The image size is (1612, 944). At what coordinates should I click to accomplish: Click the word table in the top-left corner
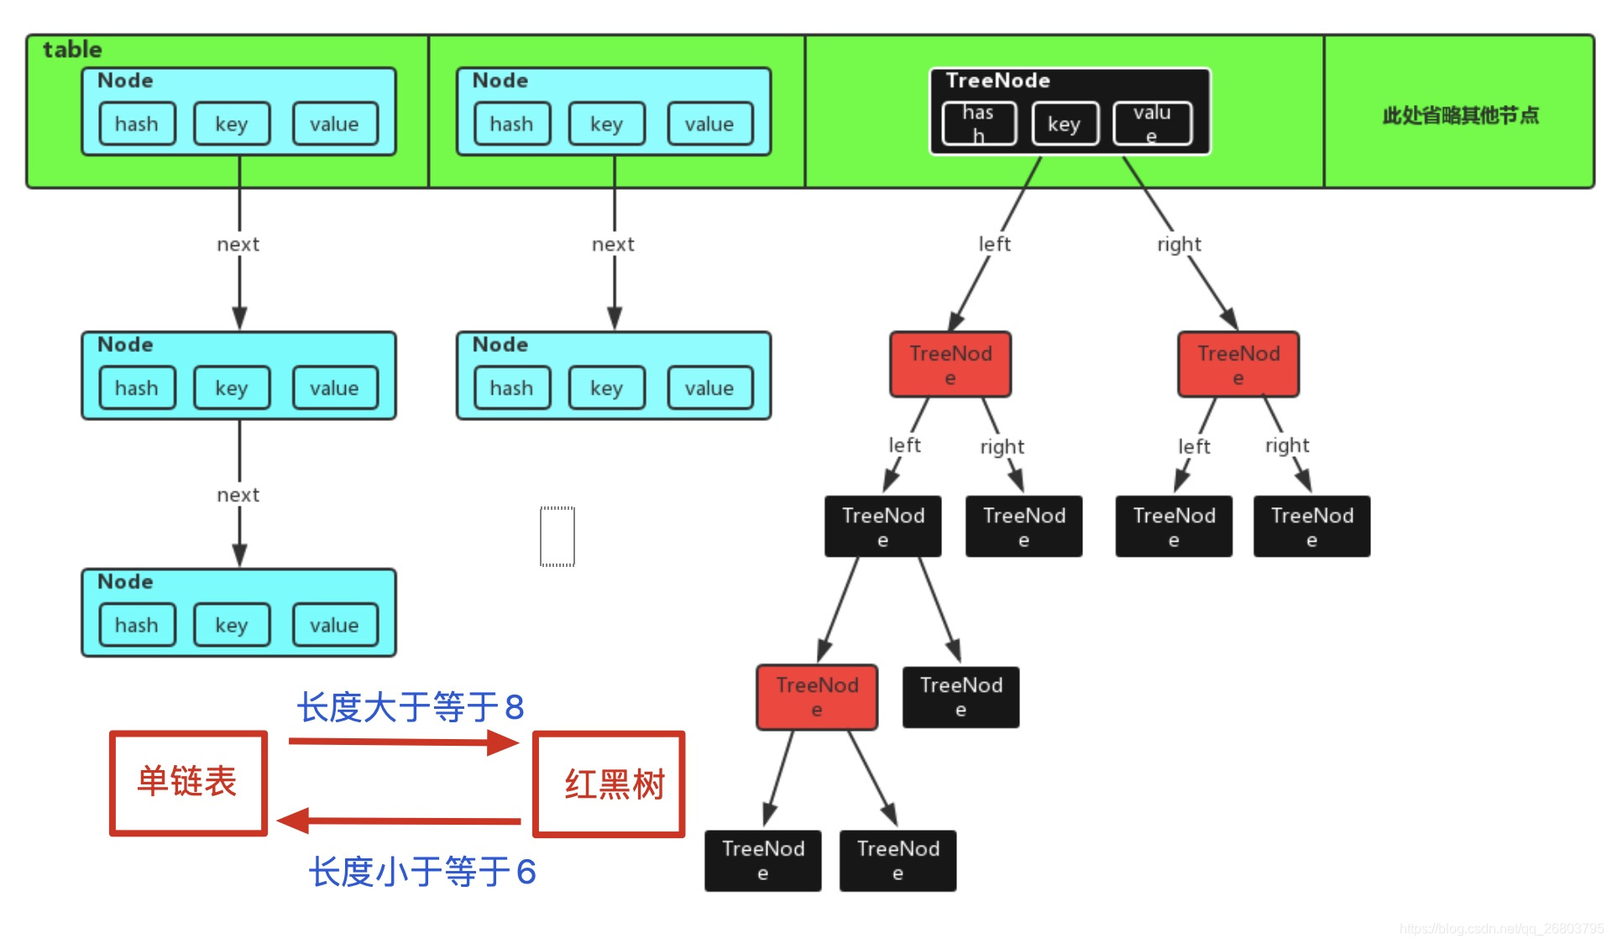click(72, 50)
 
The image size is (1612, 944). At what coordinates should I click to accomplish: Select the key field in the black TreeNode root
click(1063, 124)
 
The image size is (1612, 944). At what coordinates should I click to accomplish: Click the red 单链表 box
click(188, 783)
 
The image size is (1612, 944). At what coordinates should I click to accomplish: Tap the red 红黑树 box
click(610, 784)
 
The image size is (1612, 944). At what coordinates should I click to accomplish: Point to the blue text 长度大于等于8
click(411, 707)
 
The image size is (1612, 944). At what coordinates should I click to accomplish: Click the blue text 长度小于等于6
click(421, 872)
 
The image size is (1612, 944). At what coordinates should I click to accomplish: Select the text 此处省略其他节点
click(1460, 115)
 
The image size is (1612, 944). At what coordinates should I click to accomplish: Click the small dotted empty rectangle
click(557, 537)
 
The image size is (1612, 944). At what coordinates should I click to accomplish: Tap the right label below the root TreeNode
click(1179, 244)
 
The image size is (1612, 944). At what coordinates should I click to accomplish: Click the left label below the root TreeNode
click(994, 244)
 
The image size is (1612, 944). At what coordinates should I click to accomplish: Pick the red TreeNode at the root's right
click(1238, 364)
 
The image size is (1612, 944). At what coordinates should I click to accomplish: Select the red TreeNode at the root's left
click(950, 364)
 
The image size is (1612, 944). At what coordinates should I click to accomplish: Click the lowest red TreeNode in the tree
click(817, 697)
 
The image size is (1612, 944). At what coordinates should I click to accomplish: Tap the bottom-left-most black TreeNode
click(762, 861)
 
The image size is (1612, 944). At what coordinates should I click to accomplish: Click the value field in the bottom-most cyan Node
click(334, 626)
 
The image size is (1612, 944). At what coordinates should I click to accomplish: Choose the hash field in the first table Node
click(137, 124)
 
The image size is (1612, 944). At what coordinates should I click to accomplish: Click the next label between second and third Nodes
click(238, 496)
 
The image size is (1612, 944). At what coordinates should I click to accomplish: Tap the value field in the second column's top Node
click(709, 124)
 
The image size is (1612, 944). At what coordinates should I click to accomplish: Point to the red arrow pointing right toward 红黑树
click(403, 742)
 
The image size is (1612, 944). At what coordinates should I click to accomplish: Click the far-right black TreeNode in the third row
click(1311, 527)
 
